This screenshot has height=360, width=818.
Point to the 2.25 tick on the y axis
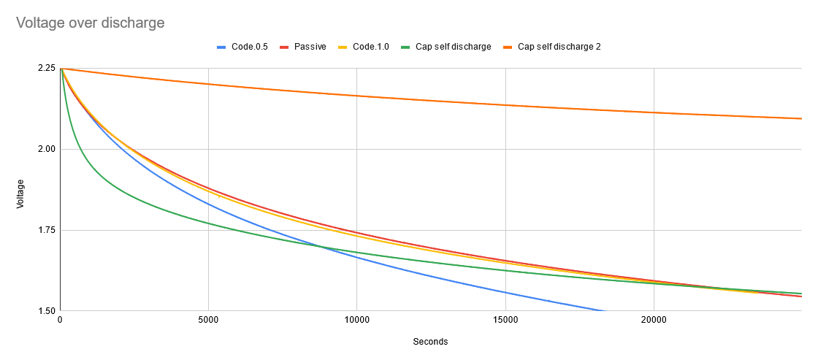click(46, 68)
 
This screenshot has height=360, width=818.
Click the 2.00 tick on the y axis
click(46, 149)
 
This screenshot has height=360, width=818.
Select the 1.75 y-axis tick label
click(46, 230)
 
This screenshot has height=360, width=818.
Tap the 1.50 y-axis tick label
click(46, 311)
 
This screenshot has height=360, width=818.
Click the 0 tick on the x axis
click(60, 320)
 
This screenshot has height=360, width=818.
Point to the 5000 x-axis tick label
click(208, 320)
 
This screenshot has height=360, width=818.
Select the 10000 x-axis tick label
click(356, 320)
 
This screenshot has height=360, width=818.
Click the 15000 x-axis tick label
click(505, 320)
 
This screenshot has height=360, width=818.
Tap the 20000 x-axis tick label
click(654, 320)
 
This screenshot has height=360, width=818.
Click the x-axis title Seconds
click(430, 342)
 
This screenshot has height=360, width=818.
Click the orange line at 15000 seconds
click(505, 104)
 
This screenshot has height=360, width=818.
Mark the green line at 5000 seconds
click(208, 223)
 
